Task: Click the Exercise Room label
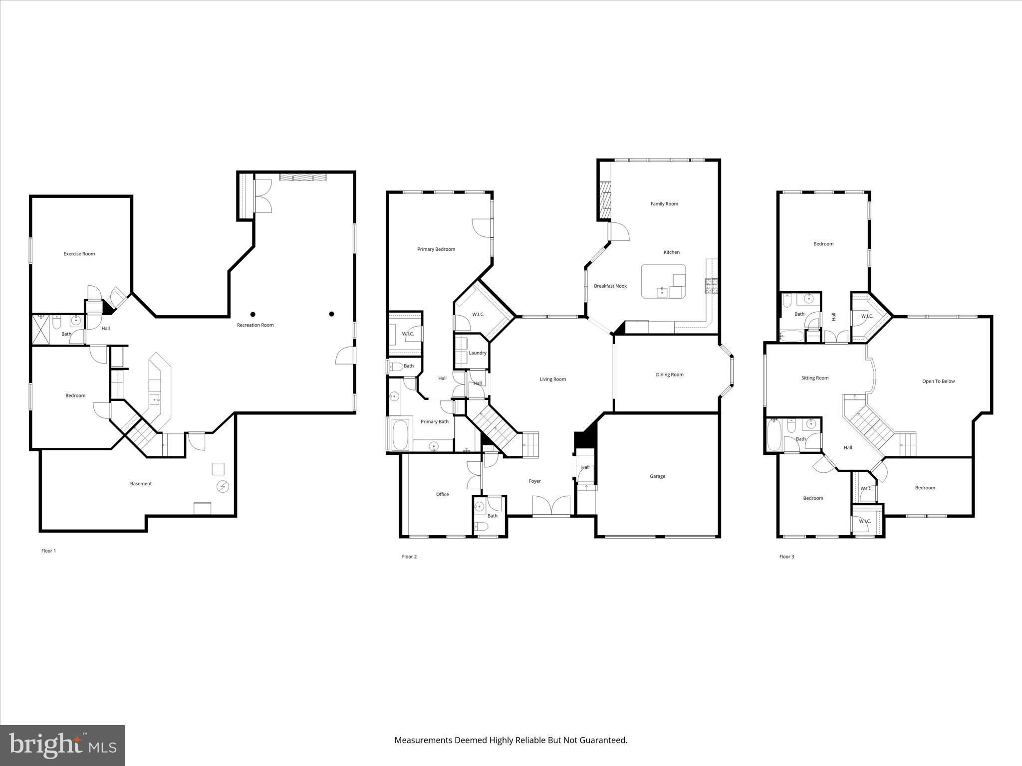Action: click(79, 254)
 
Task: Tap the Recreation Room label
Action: click(255, 325)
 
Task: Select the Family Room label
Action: click(664, 203)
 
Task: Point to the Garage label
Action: click(657, 476)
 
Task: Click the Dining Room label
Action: click(670, 375)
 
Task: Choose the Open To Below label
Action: click(938, 381)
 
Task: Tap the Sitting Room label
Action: click(815, 378)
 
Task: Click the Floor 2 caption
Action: click(409, 557)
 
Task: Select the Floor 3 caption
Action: click(786, 557)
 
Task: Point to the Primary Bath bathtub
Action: click(400, 435)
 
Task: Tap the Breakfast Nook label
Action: click(610, 286)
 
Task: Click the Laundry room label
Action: click(478, 353)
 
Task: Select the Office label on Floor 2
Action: click(442, 494)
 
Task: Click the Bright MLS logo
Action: click(62, 745)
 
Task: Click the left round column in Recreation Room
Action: click(253, 314)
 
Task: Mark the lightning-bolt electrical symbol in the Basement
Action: click(223, 487)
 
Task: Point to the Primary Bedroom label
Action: click(436, 249)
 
